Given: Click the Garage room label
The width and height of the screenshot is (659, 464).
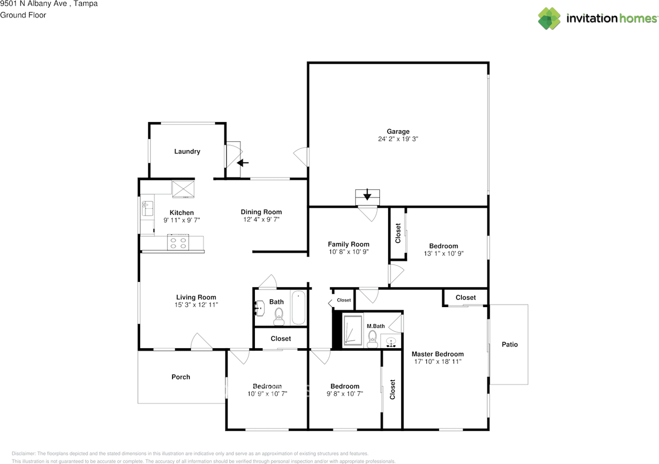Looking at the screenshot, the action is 398,132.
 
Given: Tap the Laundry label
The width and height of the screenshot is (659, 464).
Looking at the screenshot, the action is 187,151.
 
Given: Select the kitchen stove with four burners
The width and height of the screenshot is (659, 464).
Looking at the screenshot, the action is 178,242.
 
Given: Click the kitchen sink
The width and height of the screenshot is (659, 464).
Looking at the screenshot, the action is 147,208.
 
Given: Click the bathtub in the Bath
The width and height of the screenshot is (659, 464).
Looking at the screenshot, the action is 298,307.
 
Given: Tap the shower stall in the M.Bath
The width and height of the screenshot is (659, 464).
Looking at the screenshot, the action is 353,330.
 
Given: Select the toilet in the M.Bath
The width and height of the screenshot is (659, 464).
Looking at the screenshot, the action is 372,339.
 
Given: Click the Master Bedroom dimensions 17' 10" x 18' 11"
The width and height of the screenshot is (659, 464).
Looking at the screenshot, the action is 438,362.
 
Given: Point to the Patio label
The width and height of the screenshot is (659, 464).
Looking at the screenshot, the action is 510,344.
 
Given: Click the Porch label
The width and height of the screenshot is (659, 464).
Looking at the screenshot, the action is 181,377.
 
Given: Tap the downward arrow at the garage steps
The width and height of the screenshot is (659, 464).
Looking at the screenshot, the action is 367,194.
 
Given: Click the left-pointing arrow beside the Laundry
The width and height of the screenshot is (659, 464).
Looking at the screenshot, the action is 242,163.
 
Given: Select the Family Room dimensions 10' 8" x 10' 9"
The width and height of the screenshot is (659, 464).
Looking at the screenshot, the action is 349,252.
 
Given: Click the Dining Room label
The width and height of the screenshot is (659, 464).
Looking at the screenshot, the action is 261,212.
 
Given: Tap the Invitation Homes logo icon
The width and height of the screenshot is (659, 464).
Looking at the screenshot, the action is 549,19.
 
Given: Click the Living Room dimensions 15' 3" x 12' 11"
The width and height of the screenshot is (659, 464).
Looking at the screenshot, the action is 196,305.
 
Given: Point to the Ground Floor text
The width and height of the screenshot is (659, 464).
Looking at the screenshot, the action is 23,15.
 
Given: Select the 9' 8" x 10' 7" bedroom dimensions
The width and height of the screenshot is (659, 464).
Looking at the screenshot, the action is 345,394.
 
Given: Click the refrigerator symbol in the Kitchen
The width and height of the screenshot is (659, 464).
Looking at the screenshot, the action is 183,189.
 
